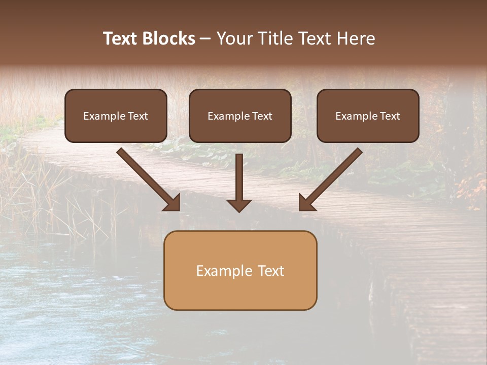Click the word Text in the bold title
[122, 39]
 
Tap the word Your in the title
[233, 39]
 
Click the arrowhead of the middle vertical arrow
[239, 205]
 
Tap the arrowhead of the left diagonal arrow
[173, 203]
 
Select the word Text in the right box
[390, 116]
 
